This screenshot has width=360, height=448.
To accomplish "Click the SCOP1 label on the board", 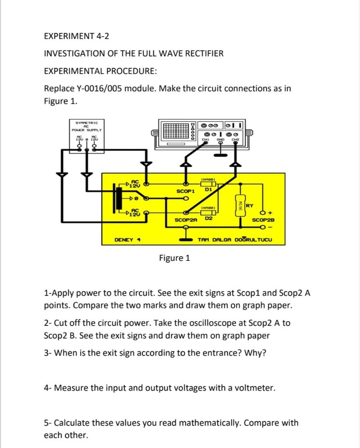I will click(185, 191).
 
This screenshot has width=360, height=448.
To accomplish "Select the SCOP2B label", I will click(264, 220).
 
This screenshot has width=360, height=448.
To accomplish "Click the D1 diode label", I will click(208, 190).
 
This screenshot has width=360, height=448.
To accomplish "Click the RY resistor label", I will click(250, 206).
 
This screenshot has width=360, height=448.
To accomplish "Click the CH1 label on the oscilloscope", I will click(205, 139).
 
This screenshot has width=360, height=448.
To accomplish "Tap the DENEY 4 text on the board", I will click(127, 240).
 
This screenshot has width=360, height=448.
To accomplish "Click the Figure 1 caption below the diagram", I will click(174, 258).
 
